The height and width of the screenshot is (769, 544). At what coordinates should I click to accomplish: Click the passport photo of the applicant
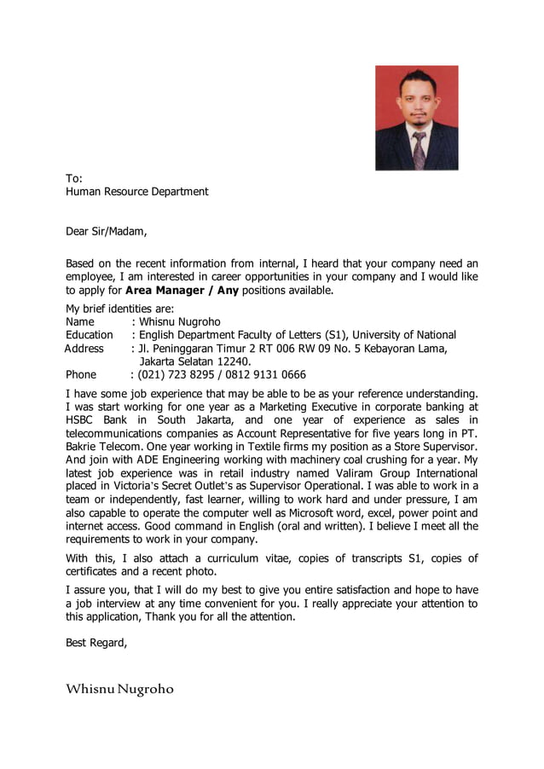pos(416,118)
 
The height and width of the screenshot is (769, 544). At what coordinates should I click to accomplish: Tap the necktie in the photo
pos(419,150)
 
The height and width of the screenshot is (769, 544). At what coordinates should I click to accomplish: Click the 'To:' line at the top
pos(74,178)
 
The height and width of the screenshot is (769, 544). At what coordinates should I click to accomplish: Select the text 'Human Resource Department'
pos(137,192)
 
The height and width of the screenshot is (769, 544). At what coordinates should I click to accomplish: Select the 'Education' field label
pos(89,335)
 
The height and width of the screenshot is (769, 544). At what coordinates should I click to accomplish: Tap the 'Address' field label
pos(84,349)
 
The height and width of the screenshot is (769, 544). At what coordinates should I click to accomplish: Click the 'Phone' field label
pos(81,374)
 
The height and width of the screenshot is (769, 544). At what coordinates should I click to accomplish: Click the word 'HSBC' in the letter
pos(83,420)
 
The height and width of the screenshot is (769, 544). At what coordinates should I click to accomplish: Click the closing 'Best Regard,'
pos(96,643)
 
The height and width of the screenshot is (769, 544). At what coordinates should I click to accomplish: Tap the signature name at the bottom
pos(119,688)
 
